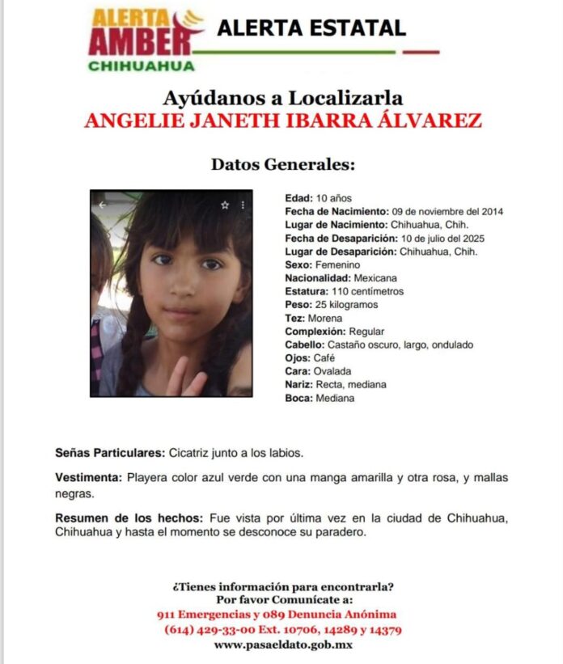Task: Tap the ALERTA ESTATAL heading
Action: pyautogui.click(x=311, y=28)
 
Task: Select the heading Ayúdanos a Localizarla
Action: pyautogui.click(x=282, y=99)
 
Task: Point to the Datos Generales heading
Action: pyautogui.click(x=282, y=164)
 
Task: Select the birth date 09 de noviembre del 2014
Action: pyautogui.click(x=447, y=212)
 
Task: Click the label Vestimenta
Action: pyautogui.click(x=88, y=478)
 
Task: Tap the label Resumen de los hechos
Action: pyautogui.click(x=129, y=518)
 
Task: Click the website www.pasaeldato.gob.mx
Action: pyautogui.click(x=282, y=645)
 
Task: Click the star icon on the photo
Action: pyautogui.click(x=225, y=205)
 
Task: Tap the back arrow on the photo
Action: pyautogui.click(x=102, y=205)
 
